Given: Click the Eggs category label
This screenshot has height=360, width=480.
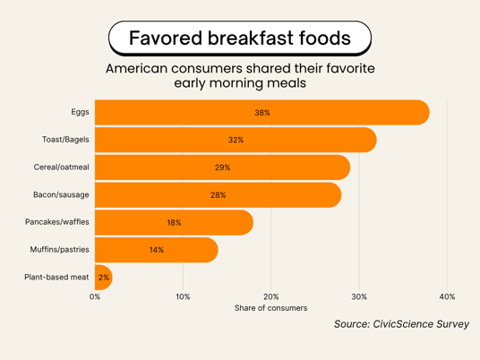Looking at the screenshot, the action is click(81, 112).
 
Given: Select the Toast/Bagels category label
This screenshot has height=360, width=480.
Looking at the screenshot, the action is click(65, 140).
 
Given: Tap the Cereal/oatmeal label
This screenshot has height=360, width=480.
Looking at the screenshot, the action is click(62, 167).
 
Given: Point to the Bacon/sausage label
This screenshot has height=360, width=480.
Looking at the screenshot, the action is click(61, 194).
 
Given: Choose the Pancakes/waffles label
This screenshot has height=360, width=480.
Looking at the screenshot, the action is click(57, 222).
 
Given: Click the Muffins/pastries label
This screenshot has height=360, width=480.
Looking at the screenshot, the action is click(60, 250).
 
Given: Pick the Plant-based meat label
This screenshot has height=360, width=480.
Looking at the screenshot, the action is click(56, 277).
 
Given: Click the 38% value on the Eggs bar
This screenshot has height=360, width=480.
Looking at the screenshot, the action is click(262, 113).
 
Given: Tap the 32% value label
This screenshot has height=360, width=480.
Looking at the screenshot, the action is click(236, 140).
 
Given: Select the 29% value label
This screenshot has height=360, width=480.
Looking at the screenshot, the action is click(223, 167).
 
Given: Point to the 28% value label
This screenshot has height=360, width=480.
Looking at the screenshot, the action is click(219, 195).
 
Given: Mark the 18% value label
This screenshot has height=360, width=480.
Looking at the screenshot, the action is click(175, 223).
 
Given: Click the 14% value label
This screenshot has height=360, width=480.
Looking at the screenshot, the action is click(157, 250).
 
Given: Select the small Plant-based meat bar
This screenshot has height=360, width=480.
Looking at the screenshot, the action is click(104, 278).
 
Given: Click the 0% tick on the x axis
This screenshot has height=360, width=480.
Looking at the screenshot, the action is click(95, 296).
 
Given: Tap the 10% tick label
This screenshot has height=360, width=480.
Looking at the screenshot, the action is click(183, 296).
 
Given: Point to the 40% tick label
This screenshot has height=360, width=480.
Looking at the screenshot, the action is click(447, 296).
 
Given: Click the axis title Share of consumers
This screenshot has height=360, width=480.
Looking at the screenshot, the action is click(271, 308).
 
